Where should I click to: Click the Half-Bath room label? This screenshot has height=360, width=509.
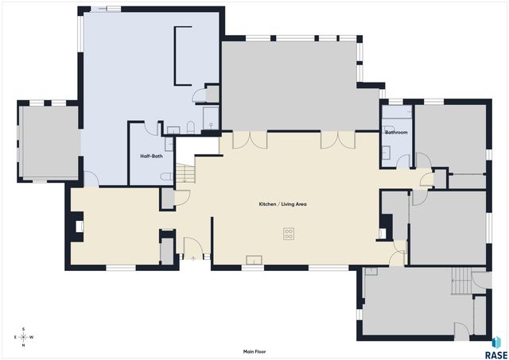(x=151, y=156)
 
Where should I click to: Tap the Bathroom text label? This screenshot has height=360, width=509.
(x=396, y=132)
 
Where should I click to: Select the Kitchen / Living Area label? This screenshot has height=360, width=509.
(x=282, y=204)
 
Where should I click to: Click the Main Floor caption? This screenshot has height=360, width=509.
(x=254, y=351)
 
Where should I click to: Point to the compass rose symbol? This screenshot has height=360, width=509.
(x=24, y=337)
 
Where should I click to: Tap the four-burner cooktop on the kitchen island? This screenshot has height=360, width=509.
(x=288, y=234)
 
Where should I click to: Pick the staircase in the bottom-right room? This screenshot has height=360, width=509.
(x=461, y=280)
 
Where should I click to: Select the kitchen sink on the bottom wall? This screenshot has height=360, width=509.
(x=254, y=259)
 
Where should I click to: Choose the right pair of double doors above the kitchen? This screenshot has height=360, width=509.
(x=337, y=139)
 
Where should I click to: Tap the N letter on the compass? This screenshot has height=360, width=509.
(x=24, y=345)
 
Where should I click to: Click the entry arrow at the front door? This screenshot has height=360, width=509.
(x=193, y=257)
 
